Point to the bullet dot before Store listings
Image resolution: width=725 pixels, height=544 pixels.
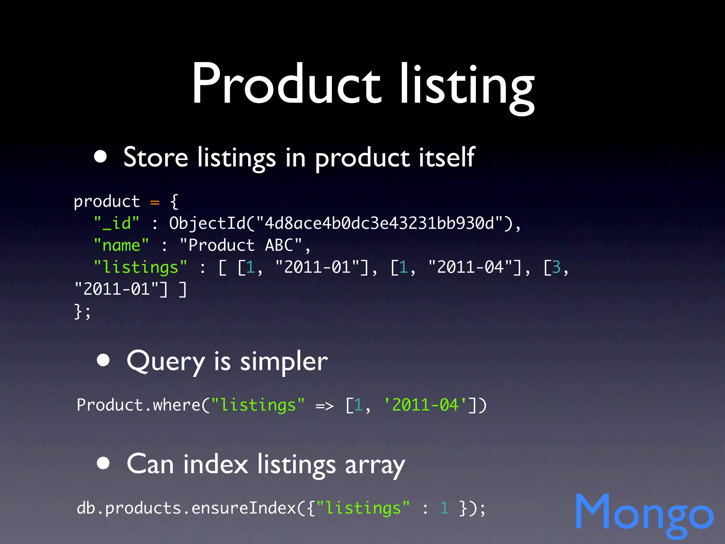(101, 157)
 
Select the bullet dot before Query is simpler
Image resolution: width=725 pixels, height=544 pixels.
(103, 360)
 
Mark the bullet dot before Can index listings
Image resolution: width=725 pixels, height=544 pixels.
(103, 463)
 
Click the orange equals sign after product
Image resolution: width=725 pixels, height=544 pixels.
(155, 202)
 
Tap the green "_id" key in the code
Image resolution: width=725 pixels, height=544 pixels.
(117, 223)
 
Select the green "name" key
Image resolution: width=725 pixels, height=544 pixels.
(121, 245)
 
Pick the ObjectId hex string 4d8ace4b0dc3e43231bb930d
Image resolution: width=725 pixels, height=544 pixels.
(379, 223)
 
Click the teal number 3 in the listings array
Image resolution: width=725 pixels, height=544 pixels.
(556, 267)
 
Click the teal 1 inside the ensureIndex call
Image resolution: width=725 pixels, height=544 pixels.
(445, 508)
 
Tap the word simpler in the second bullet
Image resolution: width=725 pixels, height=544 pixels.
(284, 362)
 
